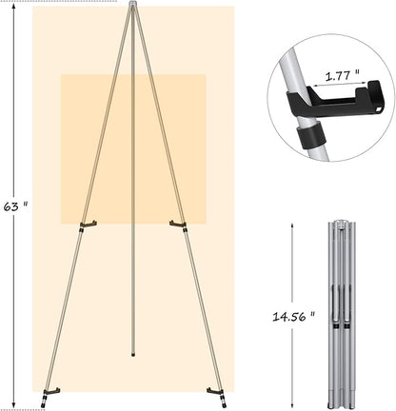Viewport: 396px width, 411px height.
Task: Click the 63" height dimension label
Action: [13, 205]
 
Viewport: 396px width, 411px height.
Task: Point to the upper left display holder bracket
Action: [88, 225]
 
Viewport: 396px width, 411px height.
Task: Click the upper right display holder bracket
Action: [177, 225]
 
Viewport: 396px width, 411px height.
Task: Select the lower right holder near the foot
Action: [214, 390]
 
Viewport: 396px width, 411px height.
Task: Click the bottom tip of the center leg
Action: [132, 355]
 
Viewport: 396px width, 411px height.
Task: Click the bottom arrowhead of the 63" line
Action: [13, 405]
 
